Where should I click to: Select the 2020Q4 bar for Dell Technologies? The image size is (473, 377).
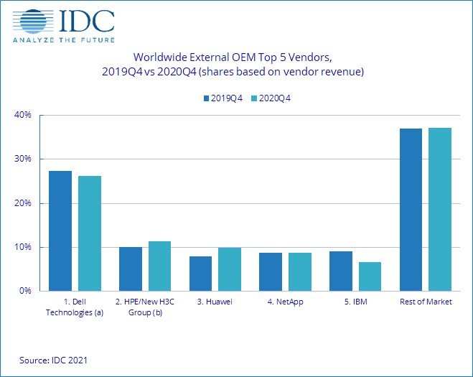click(90, 233)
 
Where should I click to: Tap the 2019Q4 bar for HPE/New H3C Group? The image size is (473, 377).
click(131, 269)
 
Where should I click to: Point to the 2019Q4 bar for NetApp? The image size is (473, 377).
click(271, 272)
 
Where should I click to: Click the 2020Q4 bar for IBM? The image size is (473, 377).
click(370, 276)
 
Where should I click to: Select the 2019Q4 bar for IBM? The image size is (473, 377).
click(341, 271)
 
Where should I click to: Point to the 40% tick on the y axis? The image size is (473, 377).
click(24, 115)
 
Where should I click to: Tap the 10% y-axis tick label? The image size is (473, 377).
click(24, 247)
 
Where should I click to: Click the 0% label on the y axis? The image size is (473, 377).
click(27, 291)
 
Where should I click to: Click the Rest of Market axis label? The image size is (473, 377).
click(426, 302)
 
